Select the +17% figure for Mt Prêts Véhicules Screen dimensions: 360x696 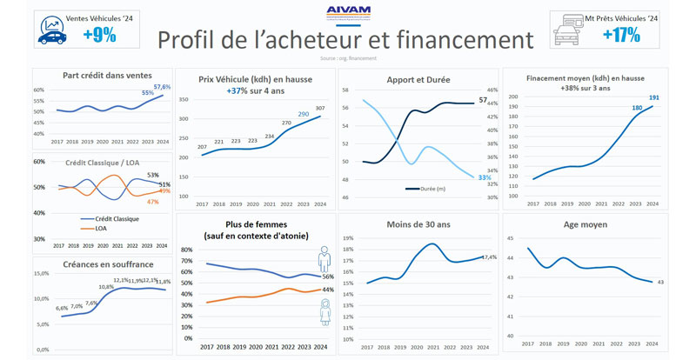(621, 35)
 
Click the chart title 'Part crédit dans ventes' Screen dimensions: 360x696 (102, 75)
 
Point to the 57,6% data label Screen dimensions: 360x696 (163, 87)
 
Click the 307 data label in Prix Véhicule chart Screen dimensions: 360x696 (320, 107)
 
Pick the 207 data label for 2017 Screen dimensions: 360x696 (202, 147)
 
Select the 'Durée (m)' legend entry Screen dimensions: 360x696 (426, 188)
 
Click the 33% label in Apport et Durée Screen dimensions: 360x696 (484, 177)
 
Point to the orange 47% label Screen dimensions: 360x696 (152, 202)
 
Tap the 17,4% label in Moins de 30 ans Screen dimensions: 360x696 (489, 257)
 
